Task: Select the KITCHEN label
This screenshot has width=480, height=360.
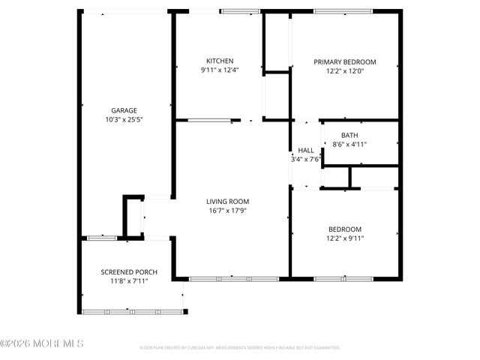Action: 220,61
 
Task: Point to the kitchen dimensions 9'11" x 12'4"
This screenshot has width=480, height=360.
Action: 220,70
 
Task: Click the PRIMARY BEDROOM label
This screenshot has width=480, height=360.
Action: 345,62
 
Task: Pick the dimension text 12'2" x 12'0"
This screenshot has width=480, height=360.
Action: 345,71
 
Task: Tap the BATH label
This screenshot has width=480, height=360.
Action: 349,136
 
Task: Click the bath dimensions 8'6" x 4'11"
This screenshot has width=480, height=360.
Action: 349,144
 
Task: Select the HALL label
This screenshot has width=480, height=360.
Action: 306,150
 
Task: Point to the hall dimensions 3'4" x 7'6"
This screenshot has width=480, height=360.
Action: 306,159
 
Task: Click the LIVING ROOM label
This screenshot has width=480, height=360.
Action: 228,202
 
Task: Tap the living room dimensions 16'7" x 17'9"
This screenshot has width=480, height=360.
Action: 228,211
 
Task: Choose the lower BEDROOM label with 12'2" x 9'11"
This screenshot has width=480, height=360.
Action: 345,229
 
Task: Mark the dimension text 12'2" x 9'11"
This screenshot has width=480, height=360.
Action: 345,238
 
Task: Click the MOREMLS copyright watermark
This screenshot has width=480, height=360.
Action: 42,343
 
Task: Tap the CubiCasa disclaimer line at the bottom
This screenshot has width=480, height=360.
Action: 240,348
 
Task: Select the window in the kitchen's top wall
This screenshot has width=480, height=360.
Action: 241,11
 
